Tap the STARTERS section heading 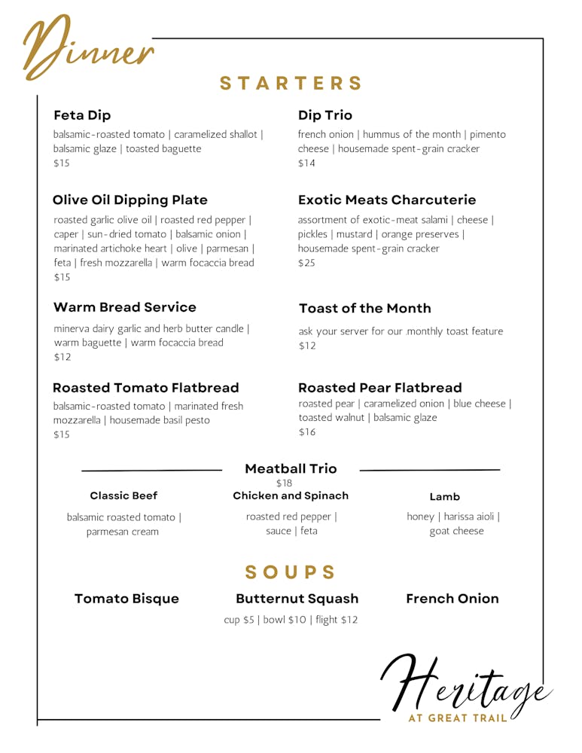coord(291,84)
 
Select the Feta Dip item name coord(82,115)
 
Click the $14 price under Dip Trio coord(306,163)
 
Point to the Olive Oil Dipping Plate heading coord(130,200)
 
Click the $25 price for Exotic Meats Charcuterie coord(306,264)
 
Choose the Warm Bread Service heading coord(125,307)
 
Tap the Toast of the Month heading coord(365,309)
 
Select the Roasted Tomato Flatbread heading coord(146,388)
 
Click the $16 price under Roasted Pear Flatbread coord(307,432)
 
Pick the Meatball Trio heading coord(291,468)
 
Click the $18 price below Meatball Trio coord(284,483)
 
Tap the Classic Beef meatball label coord(123,495)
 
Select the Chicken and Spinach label coord(291,495)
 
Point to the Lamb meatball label coord(445,497)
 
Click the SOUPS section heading coord(291,572)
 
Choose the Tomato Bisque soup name coord(126,599)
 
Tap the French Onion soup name coord(452,599)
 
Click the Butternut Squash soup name coord(297,599)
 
